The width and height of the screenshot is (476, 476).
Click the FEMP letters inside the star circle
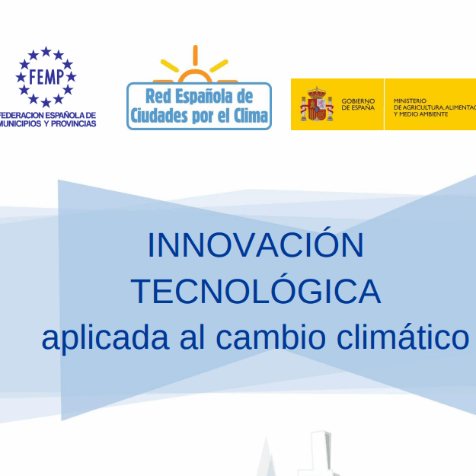pyautogui.click(x=46, y=76)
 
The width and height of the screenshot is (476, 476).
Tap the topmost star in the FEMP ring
pyautogui.click(x=46, y=51)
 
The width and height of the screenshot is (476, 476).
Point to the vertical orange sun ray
pyautogui.click(x=195, y=56)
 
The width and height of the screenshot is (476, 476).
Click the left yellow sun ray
pyautogui.click(x=169, y=65)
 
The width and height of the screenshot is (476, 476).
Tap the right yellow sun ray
pyautogui.click(x=219, y=65)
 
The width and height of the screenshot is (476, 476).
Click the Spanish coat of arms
pyautogui.click(x=317, y=104)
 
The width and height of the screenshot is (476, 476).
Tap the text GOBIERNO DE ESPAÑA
pyautogui.click(x=358, y=104)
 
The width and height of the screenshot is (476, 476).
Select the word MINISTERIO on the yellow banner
pyautogui.click(x=410, y=101)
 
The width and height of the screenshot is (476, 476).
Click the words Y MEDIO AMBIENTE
pyautogui.click(x=420, y=114)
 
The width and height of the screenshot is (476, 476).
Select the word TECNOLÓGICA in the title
pyautogui.click(x=256, y=290)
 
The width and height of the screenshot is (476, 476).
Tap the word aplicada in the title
pyautogui.click(x=105, y=337)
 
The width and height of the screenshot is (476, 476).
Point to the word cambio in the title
pyautogui.click(x=271, y=336)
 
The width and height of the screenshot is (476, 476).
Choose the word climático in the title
pyautogui.click(x=403, y=336)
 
